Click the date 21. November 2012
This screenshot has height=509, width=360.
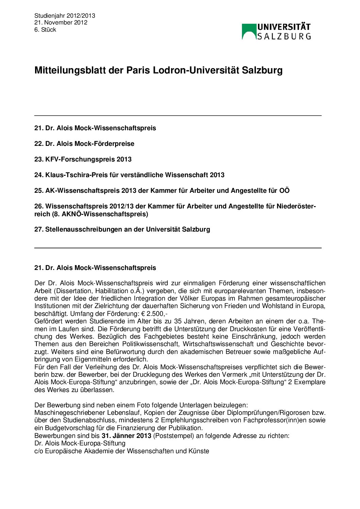pos(61,22)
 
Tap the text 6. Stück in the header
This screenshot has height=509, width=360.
pos(45,30)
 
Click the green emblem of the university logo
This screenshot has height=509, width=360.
pos(249,32)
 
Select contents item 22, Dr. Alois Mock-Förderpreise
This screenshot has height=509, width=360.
pos(84,143)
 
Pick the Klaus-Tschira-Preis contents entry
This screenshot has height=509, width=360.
pos(129,175)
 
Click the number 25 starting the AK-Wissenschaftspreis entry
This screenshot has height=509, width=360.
pos(38,190)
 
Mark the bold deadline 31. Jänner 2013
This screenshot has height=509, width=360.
pos(126,436)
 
